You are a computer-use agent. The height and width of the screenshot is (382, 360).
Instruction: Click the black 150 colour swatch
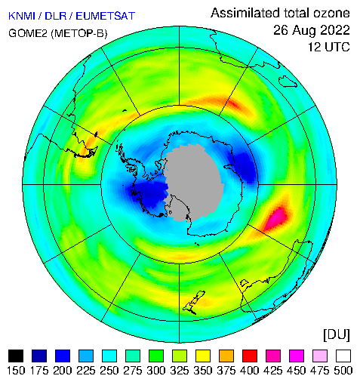[x=16, y=356]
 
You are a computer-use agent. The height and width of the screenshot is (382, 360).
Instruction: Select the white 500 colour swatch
[x=343, y=356]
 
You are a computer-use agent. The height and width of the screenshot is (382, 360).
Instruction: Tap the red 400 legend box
[x=250, y=356]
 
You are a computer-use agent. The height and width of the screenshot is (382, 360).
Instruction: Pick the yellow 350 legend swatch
[x=203, y=356]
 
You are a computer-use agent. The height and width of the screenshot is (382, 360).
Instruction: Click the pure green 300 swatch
[x=156, y=356]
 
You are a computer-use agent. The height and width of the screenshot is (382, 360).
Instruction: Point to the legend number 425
[x=273, y=371]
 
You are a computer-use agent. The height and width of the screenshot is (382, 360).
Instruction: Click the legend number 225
[x=86, y=371]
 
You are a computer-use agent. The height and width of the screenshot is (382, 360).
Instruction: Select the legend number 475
[x=320, y=371]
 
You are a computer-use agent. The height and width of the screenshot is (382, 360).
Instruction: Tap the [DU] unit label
[x=337, y=335]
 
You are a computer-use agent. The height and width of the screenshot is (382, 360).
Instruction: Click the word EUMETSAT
[x=105, y=16]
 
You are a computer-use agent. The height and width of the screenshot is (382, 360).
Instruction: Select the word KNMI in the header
[x=22, y=16]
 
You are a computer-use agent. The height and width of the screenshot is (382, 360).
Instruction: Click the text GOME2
[x=28, y=33]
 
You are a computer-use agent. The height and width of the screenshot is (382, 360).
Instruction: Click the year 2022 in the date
[x=334, y=30]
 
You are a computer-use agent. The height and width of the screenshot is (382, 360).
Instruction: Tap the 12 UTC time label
[x=329, y=47]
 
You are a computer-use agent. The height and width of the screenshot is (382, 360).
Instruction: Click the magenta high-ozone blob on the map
[x=276, y=217]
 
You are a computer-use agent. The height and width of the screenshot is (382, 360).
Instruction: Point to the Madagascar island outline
[x=288, y=82]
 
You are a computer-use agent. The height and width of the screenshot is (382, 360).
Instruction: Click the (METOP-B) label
[x=79, y=33]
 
